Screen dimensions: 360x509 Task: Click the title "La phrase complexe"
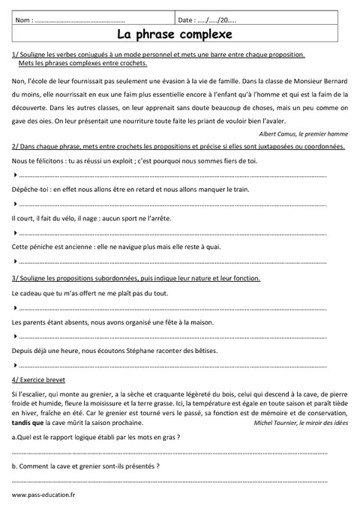(x=180, y=34)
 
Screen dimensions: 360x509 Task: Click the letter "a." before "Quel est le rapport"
(x=15, y=438)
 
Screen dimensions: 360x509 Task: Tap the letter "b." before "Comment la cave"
(x=15, y=466)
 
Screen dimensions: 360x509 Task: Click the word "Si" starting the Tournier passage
(x=16, y=394)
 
